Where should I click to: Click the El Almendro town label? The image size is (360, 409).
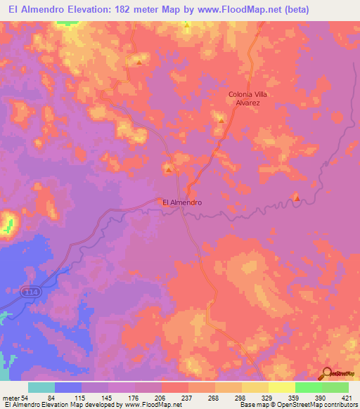(x=182, y=202)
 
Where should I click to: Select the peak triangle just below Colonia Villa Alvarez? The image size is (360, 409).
(x=221, y=120)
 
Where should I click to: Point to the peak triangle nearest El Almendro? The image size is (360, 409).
(x=168, y=169)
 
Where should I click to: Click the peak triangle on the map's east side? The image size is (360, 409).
(x=296, y=198)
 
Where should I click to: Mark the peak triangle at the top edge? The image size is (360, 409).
(x=187, y=25)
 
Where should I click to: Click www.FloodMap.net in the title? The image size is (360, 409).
(x=227, y=8)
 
